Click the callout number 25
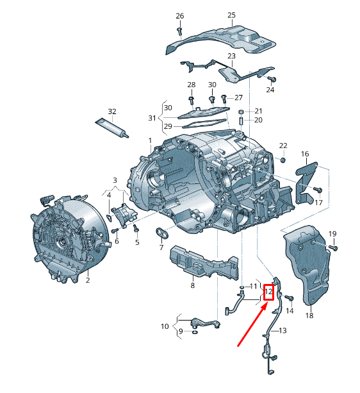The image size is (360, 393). (x=231, y=15)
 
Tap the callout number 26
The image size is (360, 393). (x=179, y=15)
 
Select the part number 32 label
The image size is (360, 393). (x=112, y=112)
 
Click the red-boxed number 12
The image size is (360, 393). (x=269, y=293)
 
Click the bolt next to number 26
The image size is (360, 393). (x=180, y=29)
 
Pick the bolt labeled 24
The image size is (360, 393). (x=272, y=79)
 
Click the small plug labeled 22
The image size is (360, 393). (x=282, y=159)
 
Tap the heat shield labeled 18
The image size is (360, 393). (x=309, y=263)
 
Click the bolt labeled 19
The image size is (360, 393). (x=332, y=247)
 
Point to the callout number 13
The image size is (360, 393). (x=282, y=330)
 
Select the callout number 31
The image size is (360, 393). (x=152, y=118)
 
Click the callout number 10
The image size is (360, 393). (x=165, y=326)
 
